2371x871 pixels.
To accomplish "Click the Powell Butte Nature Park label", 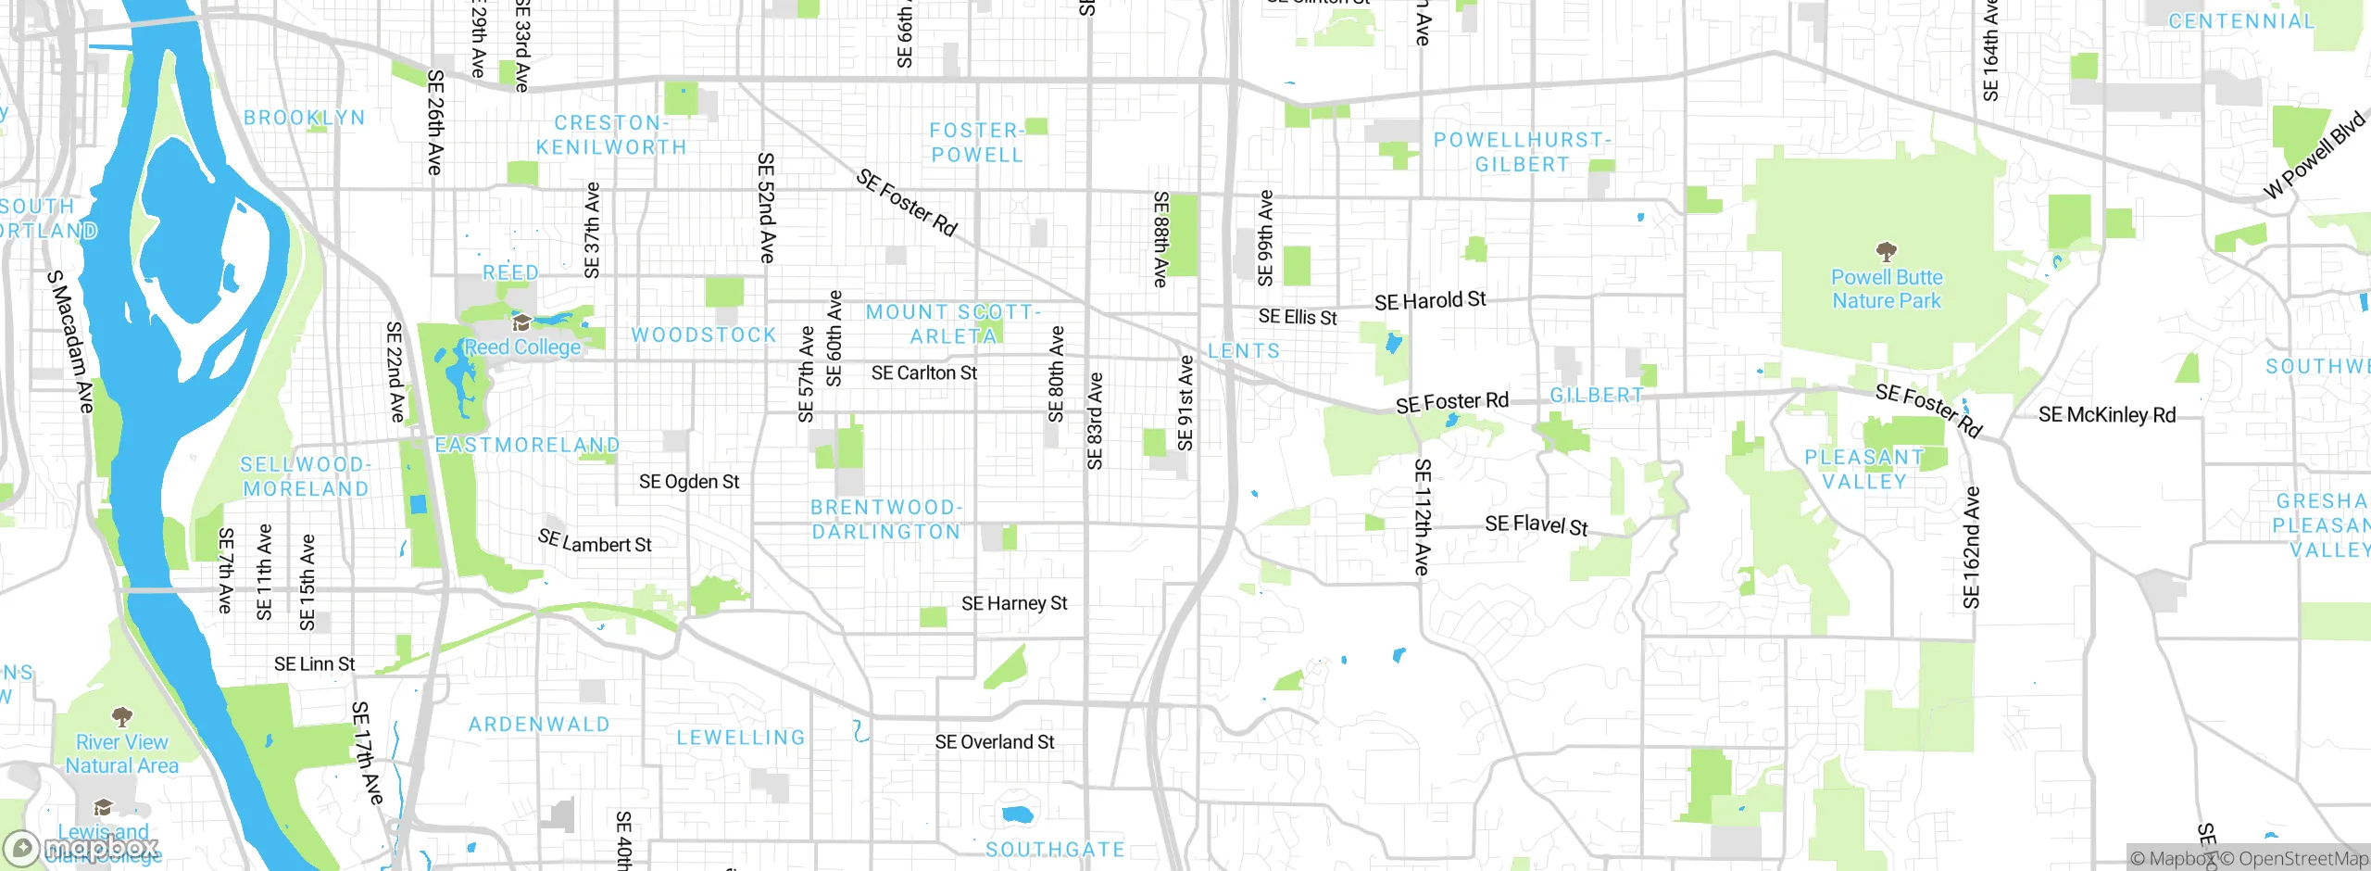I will pos(1887,289).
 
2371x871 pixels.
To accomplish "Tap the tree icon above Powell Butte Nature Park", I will pos(1886,251).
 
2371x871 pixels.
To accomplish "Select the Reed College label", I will pos(522,347).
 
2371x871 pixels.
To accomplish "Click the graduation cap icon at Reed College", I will pos(521,323).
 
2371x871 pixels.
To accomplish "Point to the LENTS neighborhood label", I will pos(1244,351).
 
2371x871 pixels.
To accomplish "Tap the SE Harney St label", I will pos(1014,604).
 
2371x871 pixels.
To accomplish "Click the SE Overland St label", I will pos(995,742).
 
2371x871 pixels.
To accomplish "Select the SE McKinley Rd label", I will pos(2107,415).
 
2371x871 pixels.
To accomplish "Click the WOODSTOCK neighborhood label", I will pos(704,335).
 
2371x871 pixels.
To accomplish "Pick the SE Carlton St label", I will pos(924,373).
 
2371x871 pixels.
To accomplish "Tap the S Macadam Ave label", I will pos(70,341).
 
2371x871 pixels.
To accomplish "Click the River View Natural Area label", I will pos(122,754).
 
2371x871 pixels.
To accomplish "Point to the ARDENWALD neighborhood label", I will pos(539,725).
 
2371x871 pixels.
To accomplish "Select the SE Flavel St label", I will pos(1537,525).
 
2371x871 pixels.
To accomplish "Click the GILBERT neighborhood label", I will pos(1597,396).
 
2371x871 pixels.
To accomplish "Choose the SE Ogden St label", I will pos(689,482).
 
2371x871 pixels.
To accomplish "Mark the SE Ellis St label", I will pos(1298,318).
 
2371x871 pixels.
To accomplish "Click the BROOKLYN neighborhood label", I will pos(305,118).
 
